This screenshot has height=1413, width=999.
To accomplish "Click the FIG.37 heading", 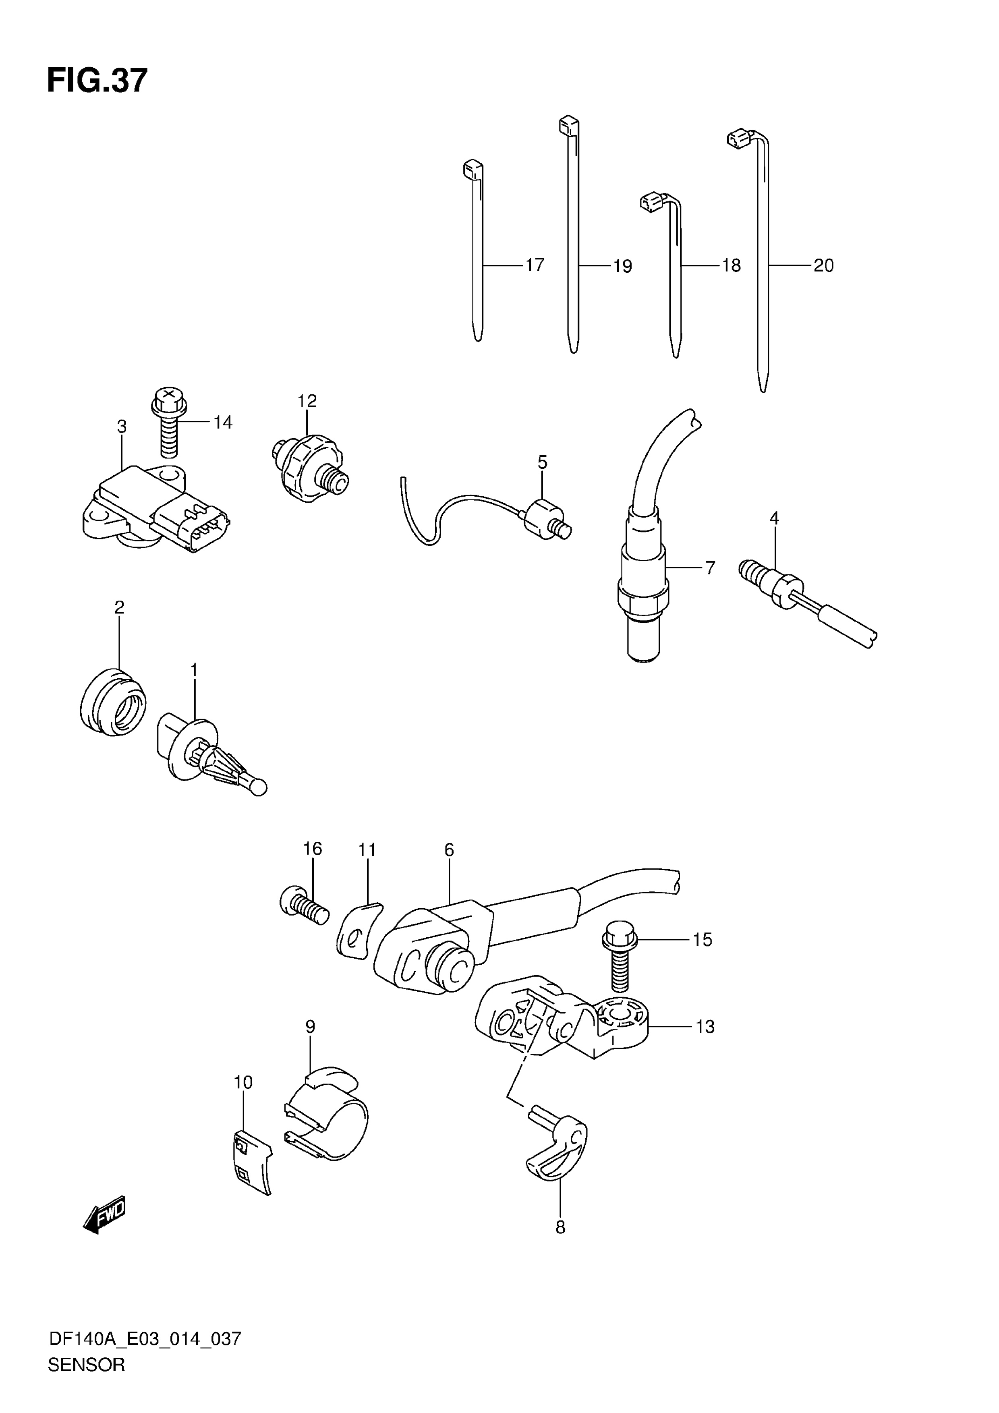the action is [x=97, y=81].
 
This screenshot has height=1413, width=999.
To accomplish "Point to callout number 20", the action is [x=824, y=265].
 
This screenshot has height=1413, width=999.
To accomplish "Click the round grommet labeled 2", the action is [x=113, y=702].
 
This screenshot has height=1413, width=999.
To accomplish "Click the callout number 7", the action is [x=710, y=568].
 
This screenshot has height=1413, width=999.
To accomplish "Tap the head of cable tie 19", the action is [x=569, y=126].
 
